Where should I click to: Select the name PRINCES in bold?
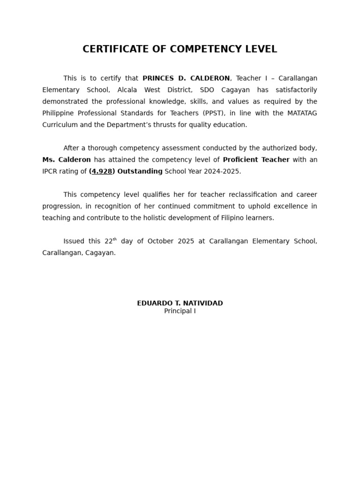tap(157, 78)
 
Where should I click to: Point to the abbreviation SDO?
tap(207, 90)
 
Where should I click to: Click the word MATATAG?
tap(301, 113)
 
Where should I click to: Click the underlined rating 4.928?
tap(102, 172)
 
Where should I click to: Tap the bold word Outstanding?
tap(140, 172)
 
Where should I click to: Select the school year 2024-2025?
tap(221, 172)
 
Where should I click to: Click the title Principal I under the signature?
tap(180, 311)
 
